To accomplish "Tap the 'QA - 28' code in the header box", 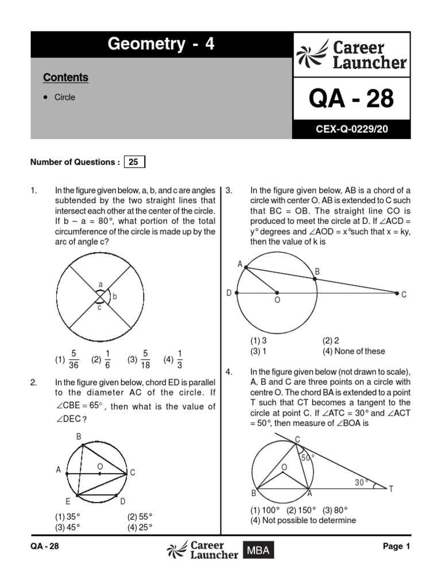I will (351, 99).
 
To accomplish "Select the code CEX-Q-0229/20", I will (351, 130).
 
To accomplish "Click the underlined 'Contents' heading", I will (66, 78).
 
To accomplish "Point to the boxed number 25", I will (133, 162).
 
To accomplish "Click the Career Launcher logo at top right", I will (351, 55).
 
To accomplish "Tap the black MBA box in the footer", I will (258, 551).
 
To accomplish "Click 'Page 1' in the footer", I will (396, 547).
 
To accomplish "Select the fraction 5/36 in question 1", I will (73, 359).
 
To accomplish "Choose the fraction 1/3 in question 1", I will (180, 359).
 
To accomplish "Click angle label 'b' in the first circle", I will (115, 296).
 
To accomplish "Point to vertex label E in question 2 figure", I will (68, 501).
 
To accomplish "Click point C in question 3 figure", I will (404, 295).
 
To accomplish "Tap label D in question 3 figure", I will (229, 293).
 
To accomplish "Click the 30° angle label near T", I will (361, 483).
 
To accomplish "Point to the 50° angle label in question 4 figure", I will (309, 458).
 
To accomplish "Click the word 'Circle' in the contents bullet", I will (65, 98).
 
